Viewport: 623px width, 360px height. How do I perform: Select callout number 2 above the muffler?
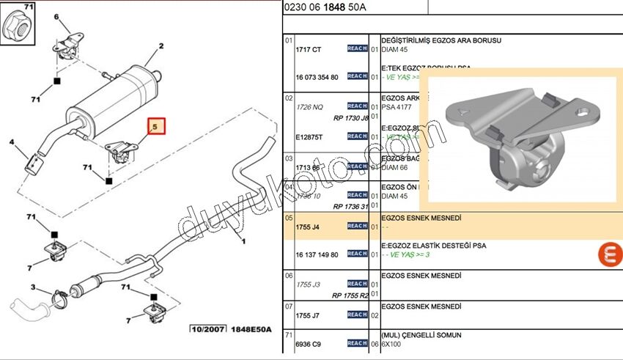pyautogui.click(x=159, y=47)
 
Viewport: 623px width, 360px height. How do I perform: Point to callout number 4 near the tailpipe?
pyautogui.click(x=12, y=142)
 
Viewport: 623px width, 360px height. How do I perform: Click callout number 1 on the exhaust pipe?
pyautogui.click(x=243, y=242)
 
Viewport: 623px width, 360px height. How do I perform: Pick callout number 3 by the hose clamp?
pyautogui.click(x=34, y=287)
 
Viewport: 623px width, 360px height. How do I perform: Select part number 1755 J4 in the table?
pyautogui.click(x=307, y=227)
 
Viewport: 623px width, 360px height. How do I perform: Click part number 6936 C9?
pyautogui.click(x=308, y=344)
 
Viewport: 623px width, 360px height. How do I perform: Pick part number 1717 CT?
pyautogui.click(x=308, y=49)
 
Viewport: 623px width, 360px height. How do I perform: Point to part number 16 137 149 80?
pyautogui.click(x=317, y=254)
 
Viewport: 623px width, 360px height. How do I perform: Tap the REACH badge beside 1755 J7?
pyautogui.click(x=357, y=315)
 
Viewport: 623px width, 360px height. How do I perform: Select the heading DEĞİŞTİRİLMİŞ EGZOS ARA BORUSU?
pyautogui.click(x=440, y=40)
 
